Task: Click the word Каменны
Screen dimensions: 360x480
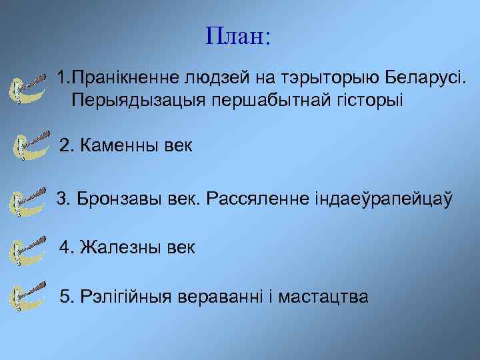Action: click(119, 145)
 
